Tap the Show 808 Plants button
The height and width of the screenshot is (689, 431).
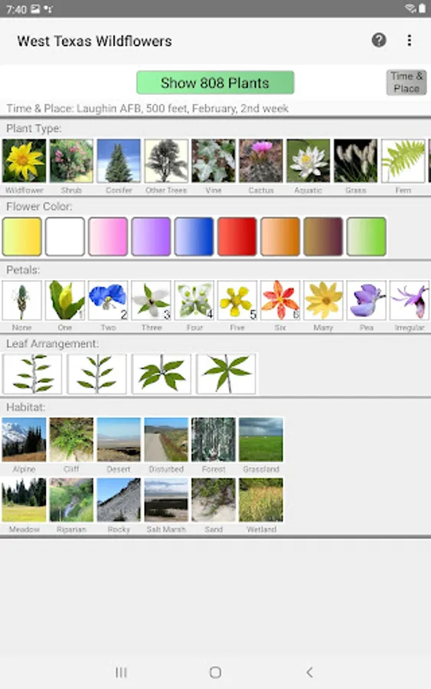[x=215, y=83]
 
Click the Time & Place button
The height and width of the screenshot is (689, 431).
[x=407, y=82]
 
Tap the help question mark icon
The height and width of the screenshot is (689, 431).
[x=379, y=41]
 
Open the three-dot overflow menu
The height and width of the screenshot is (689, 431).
[x=410, y=41]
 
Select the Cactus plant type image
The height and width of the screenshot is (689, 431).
[x=261, y=161]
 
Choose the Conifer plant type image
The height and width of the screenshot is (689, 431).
[x=119, y=161]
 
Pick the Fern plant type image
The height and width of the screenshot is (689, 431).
[x=403, y=161]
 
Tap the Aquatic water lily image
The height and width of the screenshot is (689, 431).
[x=309, y=161]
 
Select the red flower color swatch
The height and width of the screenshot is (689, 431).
[x=237, y=237]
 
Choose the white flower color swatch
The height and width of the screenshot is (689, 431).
[x=65, y=237]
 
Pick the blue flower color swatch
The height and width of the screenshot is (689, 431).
[x=194, y=237]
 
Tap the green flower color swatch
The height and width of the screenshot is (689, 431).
[x=367, y=237]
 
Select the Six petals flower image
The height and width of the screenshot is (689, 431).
[x=280, y=300]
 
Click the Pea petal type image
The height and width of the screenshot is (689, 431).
[x=367, y=300]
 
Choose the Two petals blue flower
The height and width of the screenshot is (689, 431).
[x=108, y=300]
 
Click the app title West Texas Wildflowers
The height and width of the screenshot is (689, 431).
[x=95, y=41]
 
